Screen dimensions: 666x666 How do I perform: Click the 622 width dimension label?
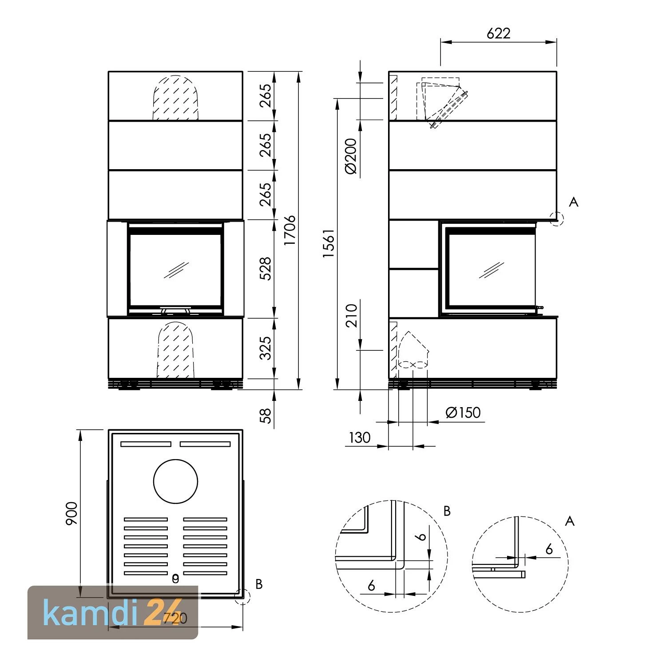(x=498, y=33)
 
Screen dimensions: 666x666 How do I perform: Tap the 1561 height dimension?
(x=329, y=244)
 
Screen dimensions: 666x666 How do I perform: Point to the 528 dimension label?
(x=265, y=268)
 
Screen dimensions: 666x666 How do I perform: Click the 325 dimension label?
(x=265, y=348)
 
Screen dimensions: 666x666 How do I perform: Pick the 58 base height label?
(x=265, y=416)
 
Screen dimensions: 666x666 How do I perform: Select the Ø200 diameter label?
(x=350, y=156)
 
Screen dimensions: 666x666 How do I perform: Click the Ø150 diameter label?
(x=463, y=412)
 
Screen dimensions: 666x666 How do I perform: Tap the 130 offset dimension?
(x=359, y=438)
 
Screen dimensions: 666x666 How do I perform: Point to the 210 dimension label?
(x=352, y=315)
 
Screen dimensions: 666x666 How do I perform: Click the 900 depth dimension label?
(x=71, y=514)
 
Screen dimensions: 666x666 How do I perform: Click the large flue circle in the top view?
(x=175, y=481)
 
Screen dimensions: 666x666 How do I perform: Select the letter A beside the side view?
(x=574, y=202)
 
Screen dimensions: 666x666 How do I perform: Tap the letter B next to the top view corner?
(x=259, y=584)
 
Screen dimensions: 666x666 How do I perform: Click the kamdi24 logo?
(x=113, y=613)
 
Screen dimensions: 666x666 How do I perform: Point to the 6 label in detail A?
(x=549, y=549)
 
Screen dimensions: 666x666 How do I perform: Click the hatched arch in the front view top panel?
(x=175, y=99)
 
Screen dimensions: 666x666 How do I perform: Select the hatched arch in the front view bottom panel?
(x=175, y=351)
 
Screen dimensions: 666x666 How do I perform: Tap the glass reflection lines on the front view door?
(x=176, y=270)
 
